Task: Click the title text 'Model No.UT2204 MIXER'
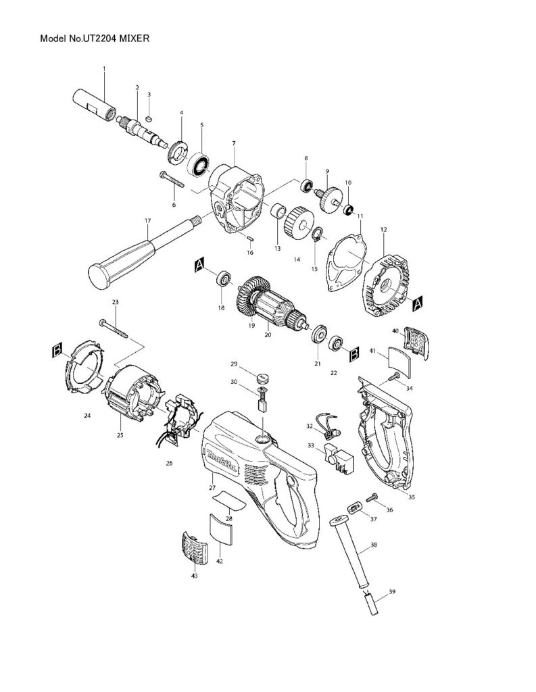[95, 39]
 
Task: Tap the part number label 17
[147, 220]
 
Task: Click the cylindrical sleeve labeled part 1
[94, 105]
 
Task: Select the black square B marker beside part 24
[59, 349]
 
